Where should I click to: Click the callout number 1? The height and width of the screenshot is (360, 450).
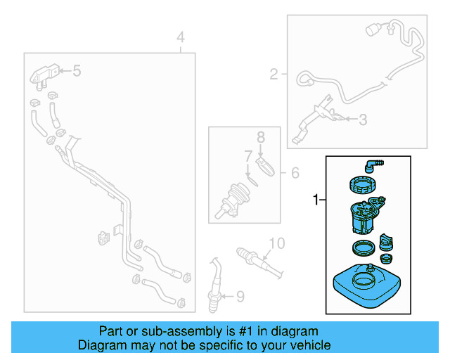315,201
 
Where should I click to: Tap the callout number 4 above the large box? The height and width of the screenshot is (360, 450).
181,37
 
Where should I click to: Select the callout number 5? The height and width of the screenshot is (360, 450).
77,70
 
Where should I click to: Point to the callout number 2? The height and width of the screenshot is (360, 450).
274,72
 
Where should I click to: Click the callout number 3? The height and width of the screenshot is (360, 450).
362,120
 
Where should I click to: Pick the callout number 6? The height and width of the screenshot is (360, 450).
295,172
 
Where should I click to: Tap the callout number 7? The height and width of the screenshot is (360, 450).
248,155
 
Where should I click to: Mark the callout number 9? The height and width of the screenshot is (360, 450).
238,297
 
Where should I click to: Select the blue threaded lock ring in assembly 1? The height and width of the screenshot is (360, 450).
364,188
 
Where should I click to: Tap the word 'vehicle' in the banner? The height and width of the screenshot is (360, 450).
309,345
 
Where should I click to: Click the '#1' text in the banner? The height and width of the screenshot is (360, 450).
221,331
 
